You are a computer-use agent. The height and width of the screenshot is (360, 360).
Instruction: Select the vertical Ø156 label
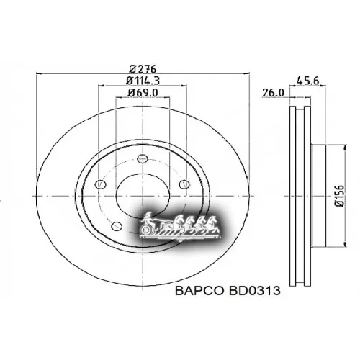(338, 193)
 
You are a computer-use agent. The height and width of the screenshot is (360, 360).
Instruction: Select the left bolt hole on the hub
(100, 185)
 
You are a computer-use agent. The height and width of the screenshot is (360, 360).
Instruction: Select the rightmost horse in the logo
(213, 222)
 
